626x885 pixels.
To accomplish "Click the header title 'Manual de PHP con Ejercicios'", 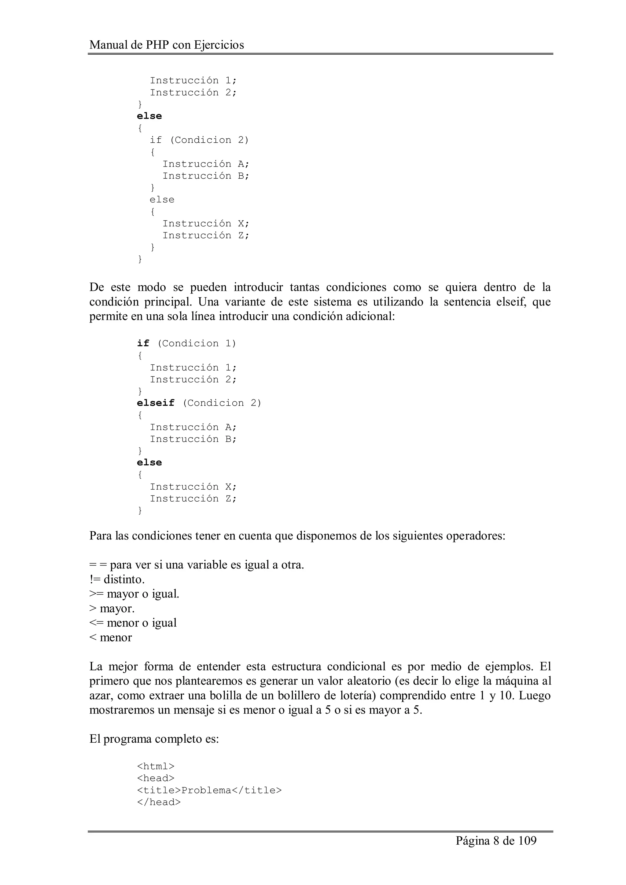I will coord(167,45).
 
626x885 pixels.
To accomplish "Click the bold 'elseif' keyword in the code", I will coord(156,403).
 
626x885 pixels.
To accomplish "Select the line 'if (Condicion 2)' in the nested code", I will coord(199,140).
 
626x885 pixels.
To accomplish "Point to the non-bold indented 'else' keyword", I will coord(162,200).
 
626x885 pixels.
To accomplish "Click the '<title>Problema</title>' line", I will coord(209,790).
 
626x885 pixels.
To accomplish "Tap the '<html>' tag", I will coord(156,766).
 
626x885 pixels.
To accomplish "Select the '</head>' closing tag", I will coord(159,802).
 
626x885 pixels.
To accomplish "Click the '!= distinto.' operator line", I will coord(117,579).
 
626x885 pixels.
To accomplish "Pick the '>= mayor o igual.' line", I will coord(134,594).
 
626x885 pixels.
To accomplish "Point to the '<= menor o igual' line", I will coord(133,623).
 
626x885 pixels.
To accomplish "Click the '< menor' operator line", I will coord(110,638).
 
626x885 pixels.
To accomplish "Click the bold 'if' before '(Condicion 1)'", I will coord(143,343).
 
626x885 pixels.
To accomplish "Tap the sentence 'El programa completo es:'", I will coord(154,739).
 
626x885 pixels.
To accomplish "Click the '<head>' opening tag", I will coord(156,778).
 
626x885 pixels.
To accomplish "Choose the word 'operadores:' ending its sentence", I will coord(475,536).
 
